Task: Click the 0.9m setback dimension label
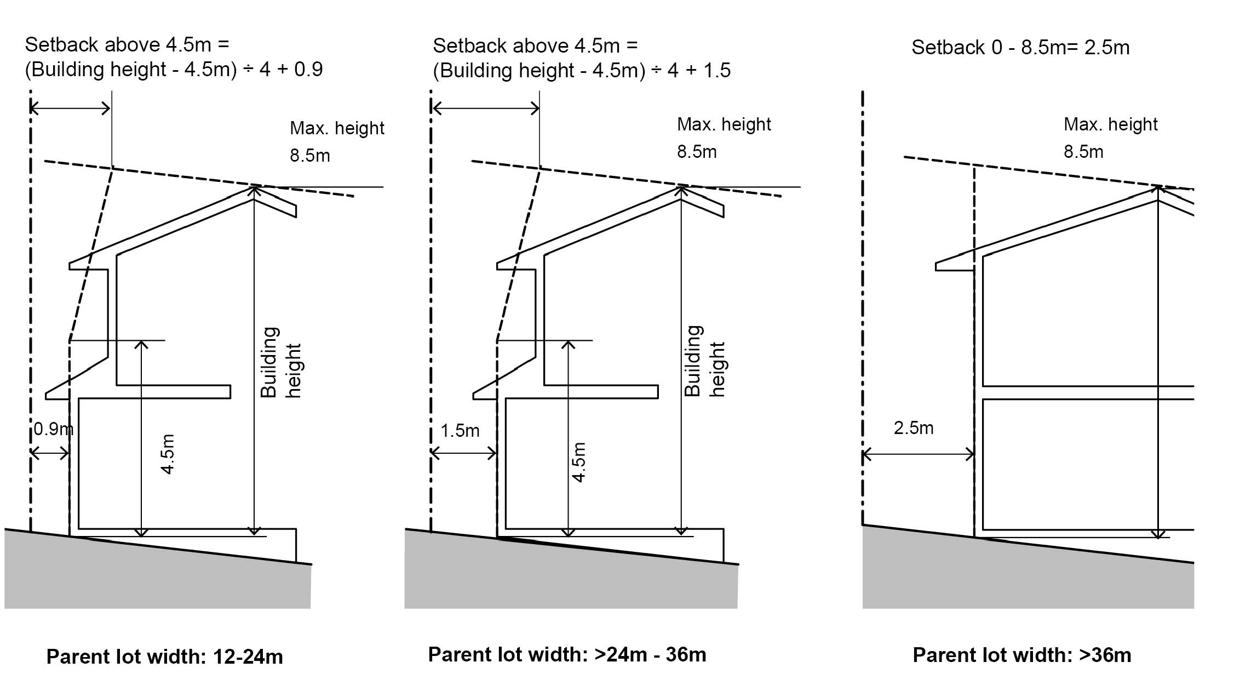(x=53, y=429)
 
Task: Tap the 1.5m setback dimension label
(x=460, y=431)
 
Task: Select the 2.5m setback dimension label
(x=913, y=428)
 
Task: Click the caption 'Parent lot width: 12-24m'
(x=164, y=657)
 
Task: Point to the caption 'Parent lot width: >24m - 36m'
(x=567, y=654)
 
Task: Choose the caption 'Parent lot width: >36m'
(x=1021, y=655)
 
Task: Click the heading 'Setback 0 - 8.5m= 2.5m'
(x=1020, y=48)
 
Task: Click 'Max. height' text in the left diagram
(x=337, y=128)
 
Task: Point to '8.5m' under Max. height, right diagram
(x=1083, y=152)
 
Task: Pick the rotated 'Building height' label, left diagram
(x=280, y=362)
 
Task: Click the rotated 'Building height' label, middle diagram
(x=705, y=361)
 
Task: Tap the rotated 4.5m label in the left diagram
(x=168, y=454)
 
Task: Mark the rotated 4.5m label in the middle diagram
(x=579, y=462)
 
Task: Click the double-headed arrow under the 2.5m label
(x=918, y=454)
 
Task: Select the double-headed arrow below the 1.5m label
(x=463, y=453)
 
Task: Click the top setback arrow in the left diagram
(x=70, y=108)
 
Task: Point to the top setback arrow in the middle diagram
(x=485, y=109)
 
